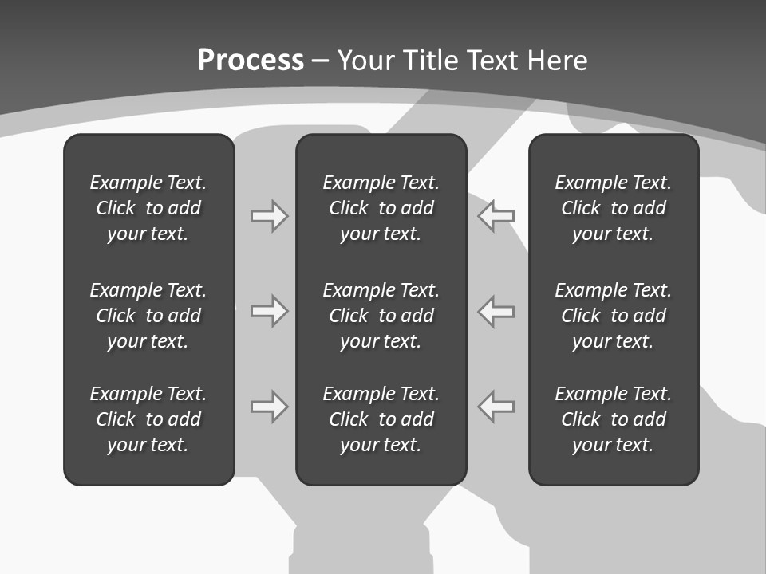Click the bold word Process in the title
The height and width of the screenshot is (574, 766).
[251, 61]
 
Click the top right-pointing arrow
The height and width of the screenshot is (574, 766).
[269, 216]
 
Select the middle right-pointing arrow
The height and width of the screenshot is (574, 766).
[269, 311]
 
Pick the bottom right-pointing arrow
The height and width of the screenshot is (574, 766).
[269, 407]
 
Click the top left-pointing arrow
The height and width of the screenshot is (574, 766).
[496, 216]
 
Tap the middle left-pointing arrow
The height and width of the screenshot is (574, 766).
[496, 311]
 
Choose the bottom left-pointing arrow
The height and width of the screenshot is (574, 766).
[496, 407]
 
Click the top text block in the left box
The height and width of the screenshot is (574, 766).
[148, 208]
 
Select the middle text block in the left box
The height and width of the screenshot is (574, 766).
[148, 316]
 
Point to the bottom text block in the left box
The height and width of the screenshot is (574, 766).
[148, 419]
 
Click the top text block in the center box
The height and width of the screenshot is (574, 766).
[381, 208]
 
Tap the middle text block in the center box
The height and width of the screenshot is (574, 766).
[381, 316]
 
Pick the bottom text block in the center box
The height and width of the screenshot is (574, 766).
[381, 419]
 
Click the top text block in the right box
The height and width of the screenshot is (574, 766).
[613, 208]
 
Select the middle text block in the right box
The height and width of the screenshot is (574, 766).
[613, 316]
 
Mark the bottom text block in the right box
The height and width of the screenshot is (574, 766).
[613, 419]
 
